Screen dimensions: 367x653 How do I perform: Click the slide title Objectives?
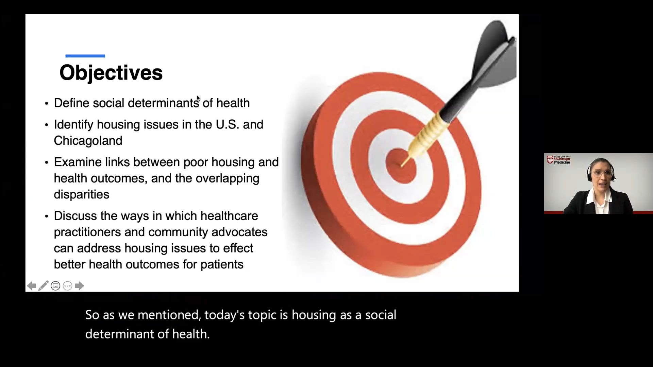tap(111, 73)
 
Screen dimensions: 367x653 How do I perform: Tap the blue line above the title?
tap(85, 56)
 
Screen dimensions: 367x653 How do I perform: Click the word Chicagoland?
tap(88, 141)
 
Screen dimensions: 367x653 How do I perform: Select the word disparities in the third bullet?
tap(82, 194)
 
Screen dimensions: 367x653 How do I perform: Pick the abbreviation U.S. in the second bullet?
tap(227, 124)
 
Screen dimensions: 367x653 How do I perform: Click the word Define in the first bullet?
tap(71, 103)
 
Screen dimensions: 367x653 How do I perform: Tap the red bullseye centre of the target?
tap(400, 166)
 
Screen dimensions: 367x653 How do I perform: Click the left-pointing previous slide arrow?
tap(31, 286)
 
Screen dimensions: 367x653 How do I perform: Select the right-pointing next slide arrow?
tap(79, 286)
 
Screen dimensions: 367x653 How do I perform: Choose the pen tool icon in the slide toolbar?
tap(43, 286)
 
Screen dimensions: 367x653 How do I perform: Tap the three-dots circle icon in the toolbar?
tap(68, 286)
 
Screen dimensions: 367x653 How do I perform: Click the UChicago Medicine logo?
tap(559, 160)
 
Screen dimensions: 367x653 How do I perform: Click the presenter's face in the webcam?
tap(601, 175)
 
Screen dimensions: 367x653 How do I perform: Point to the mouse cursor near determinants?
tap(198, 98)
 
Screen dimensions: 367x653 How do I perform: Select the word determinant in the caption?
tap(119, 334)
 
